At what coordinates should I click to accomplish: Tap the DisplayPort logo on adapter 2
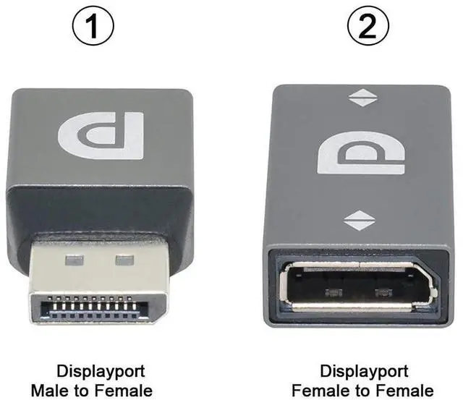[360, 151]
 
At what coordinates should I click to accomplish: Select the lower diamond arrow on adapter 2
[360, 220]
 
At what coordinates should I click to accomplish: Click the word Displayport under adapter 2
[363, 372]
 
